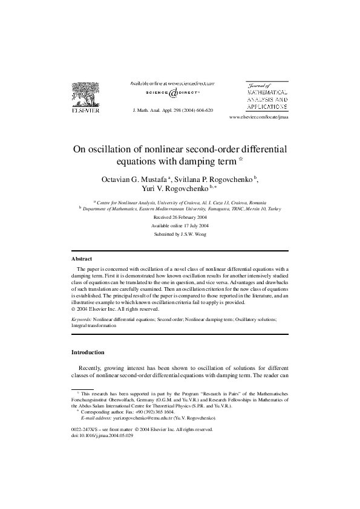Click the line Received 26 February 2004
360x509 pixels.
pyautogui.click(x=180, y=216)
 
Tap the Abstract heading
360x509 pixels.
pyautogui.click(x=82, y=259)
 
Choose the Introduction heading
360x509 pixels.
pyautogui.click(x=88, y=352)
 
